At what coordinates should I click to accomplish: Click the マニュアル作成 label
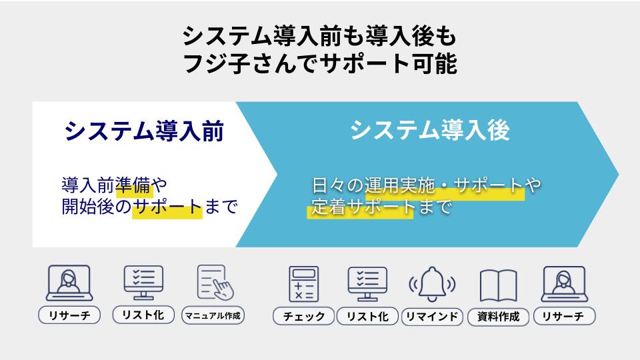(x=213, y=315)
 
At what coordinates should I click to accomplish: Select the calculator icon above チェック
(x=304, y=284)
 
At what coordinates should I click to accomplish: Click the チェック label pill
(x=304, y=316)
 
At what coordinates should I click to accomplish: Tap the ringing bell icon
(x=432, y=284)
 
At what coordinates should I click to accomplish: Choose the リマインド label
(x=432, y=316)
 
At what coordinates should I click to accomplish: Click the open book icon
(x=498, y=285)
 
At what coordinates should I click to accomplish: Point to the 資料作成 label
(x=498, y=316)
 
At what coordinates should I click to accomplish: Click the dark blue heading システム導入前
(x=144, y=131)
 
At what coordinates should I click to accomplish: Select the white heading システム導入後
(x=430, y=130)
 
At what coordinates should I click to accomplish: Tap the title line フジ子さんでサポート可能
(x=319, y=64)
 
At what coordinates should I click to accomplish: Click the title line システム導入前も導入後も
(x=319, y=36)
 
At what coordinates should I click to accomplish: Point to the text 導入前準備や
(x=115, y=185)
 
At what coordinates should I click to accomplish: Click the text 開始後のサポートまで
(x=149, y=207)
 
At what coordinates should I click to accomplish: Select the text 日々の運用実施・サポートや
(x=426, y=185)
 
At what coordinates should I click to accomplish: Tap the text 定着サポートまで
(x=381, y=207)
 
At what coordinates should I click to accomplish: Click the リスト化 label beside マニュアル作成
(x=143, y=315)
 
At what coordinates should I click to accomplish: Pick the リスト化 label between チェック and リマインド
(x=367, y=316)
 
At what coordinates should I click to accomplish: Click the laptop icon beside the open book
(x=565, y=284)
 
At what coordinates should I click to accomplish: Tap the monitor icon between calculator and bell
(x=367, y=284)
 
